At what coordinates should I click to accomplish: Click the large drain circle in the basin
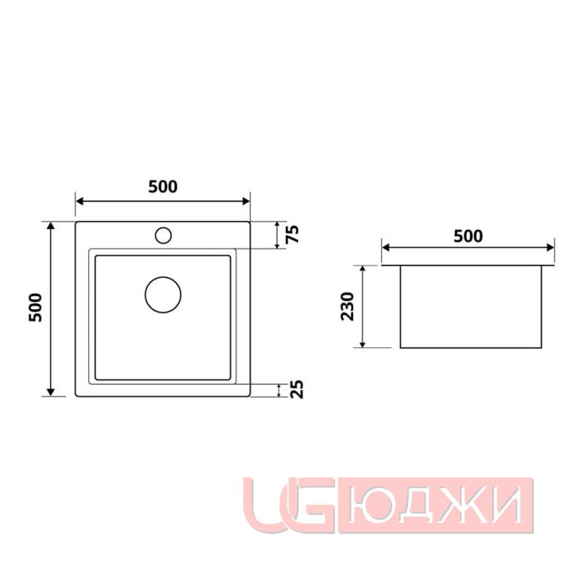point(163,295)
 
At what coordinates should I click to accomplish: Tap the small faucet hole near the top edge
point(163,235)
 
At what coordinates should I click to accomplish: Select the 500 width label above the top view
point(163,186)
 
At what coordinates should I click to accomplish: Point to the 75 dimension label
point(292,235)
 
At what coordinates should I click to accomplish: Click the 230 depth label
point(347,306)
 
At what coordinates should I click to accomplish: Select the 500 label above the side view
point(468,236)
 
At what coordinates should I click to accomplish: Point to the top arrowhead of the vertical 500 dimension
point(51,226)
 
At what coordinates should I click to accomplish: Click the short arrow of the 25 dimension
point(279,390)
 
